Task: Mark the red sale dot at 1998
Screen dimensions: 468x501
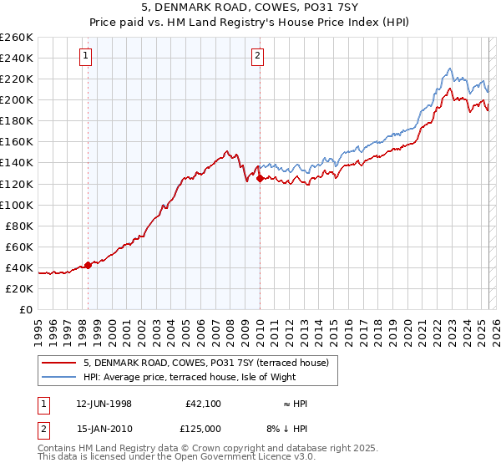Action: click(x=89, y=265)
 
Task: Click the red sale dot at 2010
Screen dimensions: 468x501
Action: click(x=260, y=178)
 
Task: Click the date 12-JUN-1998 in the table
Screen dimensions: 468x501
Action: click(x=103, y=404)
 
